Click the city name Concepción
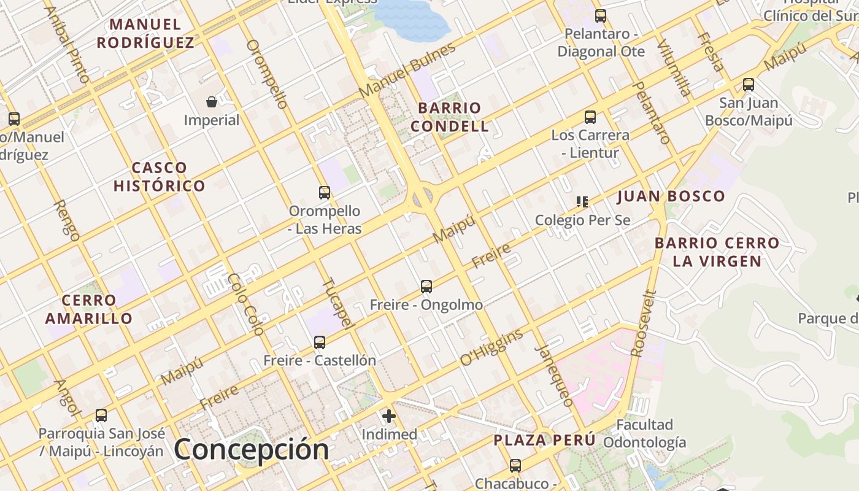251,449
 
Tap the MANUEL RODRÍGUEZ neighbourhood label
145,34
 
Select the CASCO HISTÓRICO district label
159,177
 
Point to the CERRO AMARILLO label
89,309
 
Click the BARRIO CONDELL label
450,117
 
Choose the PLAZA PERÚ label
544,440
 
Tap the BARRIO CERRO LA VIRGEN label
717,252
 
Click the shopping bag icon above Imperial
212,101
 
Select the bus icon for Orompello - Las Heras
325,193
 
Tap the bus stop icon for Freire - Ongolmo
426,286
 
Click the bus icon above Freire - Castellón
320,342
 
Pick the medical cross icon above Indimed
389,417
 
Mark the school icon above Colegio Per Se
582,201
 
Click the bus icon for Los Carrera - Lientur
590,117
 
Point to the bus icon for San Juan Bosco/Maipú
749,85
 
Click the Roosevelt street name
644,323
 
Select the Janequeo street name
555,376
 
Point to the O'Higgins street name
491,347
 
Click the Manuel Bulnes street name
407,69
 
